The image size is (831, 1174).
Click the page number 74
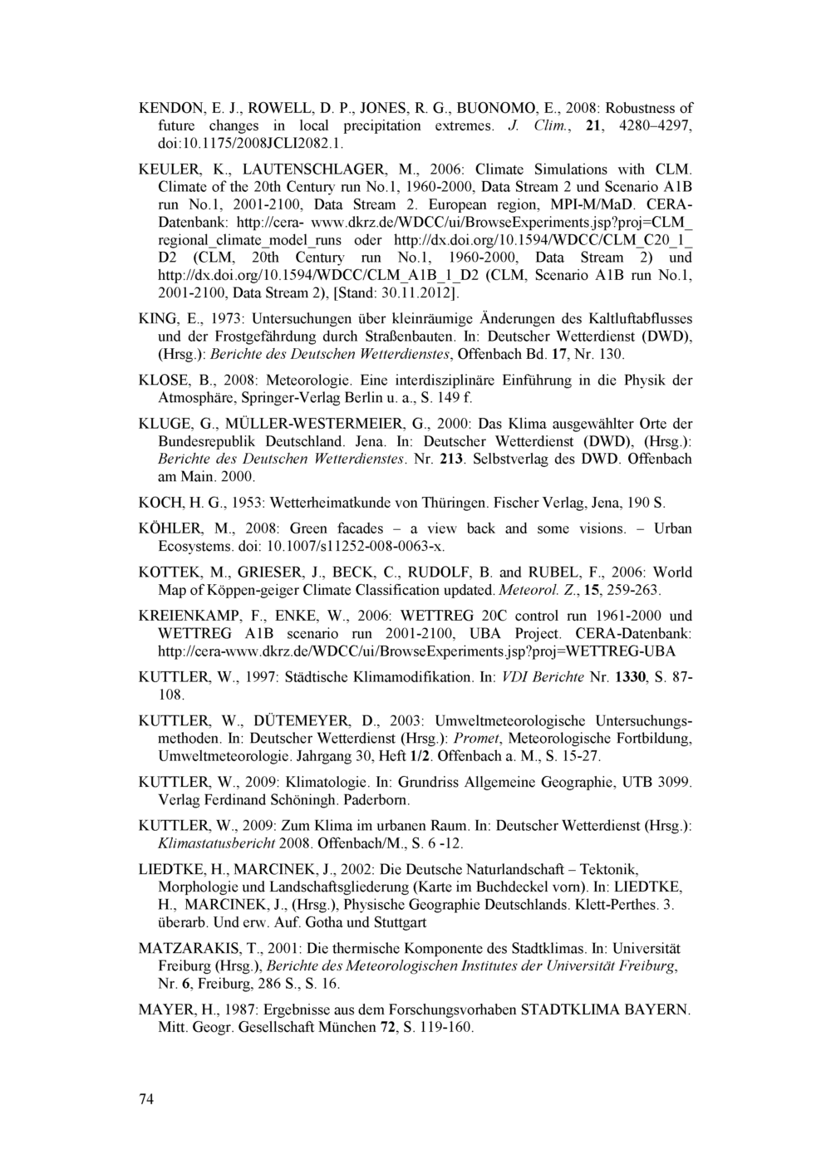click(x=146, y=1100)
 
